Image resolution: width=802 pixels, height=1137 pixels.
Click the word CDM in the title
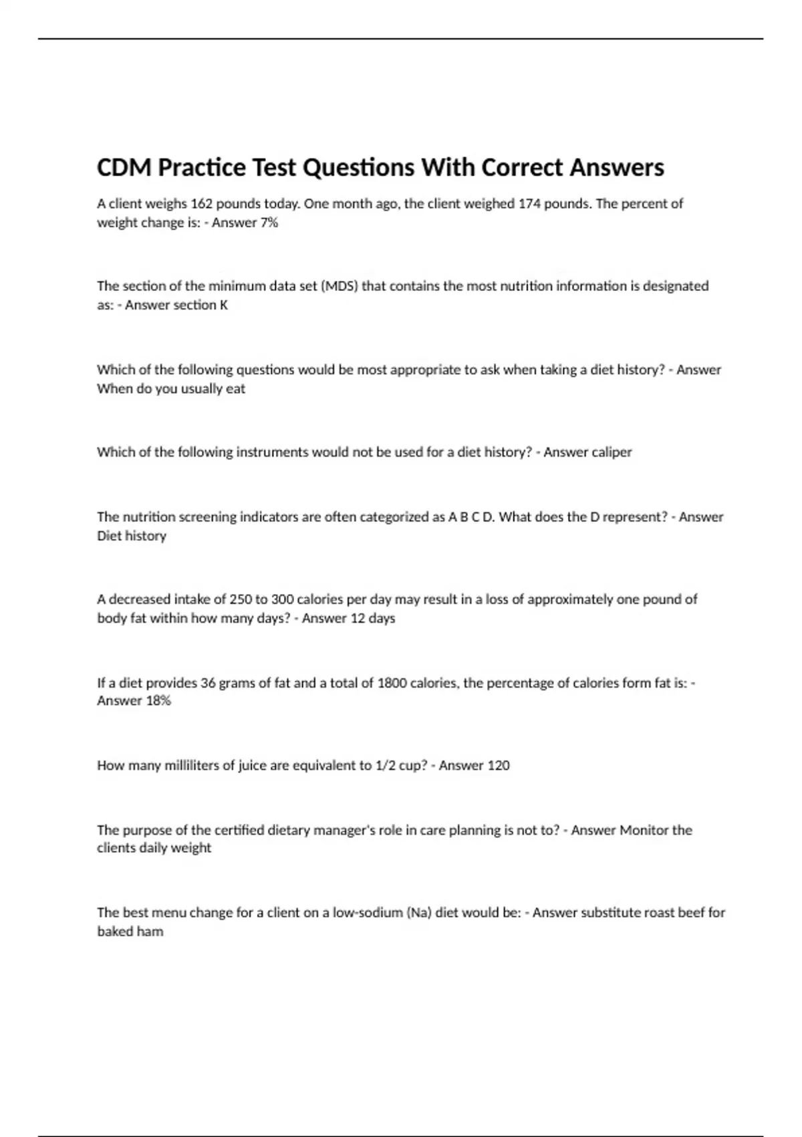[124, 167]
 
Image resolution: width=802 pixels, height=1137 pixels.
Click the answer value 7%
[269, 223]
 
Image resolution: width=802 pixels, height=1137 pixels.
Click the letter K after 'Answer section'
[224, 305]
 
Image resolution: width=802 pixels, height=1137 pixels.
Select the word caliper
[611, 452]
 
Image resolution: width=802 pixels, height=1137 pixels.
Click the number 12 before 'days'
[358, 619]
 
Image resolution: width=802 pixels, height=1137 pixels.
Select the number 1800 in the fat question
[392, 683]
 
